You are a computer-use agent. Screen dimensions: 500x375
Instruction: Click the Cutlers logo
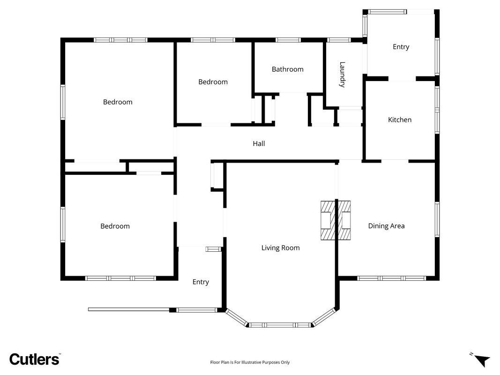[34, 359]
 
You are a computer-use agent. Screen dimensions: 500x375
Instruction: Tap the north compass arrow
[482, 360]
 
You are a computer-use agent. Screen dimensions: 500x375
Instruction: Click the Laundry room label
[342, 75]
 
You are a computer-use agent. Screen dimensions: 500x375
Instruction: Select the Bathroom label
[287, 69]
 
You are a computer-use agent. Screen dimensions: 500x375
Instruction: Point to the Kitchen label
[400, 120]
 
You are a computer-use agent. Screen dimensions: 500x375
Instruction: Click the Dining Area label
[386, 226]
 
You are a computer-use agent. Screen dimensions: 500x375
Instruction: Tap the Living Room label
[280, 248]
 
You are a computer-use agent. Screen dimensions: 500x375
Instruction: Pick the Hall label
[259, 143]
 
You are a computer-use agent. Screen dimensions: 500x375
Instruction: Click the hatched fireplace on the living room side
[328, 220]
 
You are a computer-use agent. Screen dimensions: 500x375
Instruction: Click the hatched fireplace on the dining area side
[344, 220]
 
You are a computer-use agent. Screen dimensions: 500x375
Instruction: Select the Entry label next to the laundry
[401, 47]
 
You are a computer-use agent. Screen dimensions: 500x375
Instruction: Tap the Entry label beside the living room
[201, 282]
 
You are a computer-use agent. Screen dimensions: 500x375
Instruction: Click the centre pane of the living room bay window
[280, 325]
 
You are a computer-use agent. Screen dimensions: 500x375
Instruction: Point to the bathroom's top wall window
[288, 40]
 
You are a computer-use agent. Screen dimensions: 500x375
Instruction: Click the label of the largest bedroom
[117, 102]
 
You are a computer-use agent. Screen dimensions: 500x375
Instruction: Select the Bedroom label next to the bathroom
[213, 82]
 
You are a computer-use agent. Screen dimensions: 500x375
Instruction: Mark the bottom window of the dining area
[391, 278]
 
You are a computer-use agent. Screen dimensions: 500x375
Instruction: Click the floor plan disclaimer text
[250, 362]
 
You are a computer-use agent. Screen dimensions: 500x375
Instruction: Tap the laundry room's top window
[339, 40]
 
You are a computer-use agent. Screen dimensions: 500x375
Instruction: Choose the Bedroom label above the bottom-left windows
[115, 226]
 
